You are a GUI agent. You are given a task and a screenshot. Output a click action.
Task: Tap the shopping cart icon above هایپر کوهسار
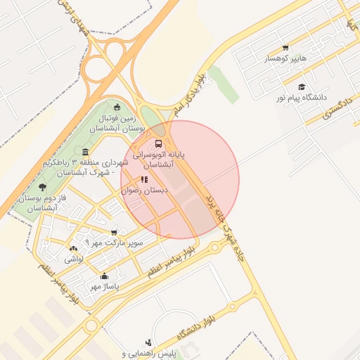pyautogui.click(x=285, y=48)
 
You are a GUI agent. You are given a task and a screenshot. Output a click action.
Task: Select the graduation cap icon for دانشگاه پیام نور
pyautogui.click(x=302, y=86)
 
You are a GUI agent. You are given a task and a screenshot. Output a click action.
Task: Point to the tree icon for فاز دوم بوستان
pyautogui.click(x=43, y=187)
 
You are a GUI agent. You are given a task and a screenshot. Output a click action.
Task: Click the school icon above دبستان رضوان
pyautogui.click(x=144, y=180)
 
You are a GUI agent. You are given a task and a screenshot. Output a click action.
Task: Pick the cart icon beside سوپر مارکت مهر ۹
pyautogui.click(x=114, y=233)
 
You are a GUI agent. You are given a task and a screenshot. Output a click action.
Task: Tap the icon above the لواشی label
pyautogui.click(x=74, y=248)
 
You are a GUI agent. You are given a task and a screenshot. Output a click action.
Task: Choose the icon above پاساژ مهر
pyautogui.click(x=105, y=276)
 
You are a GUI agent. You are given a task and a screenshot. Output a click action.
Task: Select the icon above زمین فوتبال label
pyautogui.click(x=117, y=108)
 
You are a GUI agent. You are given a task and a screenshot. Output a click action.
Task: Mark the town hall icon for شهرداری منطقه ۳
pyautogui.click(x=85, y=153)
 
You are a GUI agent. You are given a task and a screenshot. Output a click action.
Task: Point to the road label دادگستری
pyautogui.click(x=337, y=106)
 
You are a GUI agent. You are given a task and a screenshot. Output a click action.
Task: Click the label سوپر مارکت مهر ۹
pyautogui.click(x=114, y=243)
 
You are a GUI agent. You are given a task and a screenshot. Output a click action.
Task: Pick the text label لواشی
pyautogui.click(x=74, y=259)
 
